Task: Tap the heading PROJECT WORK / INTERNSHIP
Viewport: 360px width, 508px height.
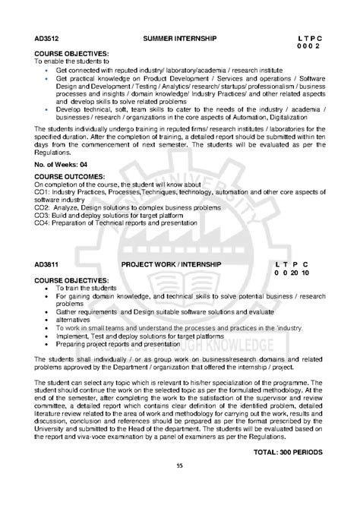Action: tap(172, 264)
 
